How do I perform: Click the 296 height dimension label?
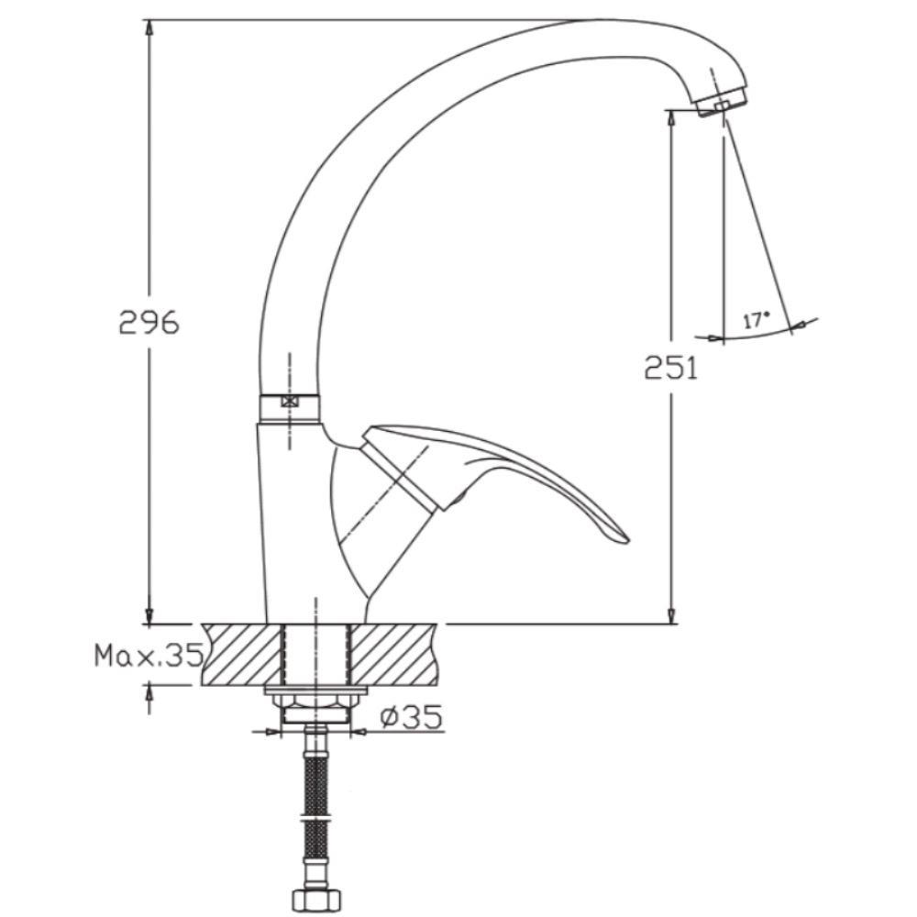149,323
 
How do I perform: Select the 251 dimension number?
671,368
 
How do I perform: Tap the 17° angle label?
757,320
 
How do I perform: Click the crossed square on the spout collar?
290,402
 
